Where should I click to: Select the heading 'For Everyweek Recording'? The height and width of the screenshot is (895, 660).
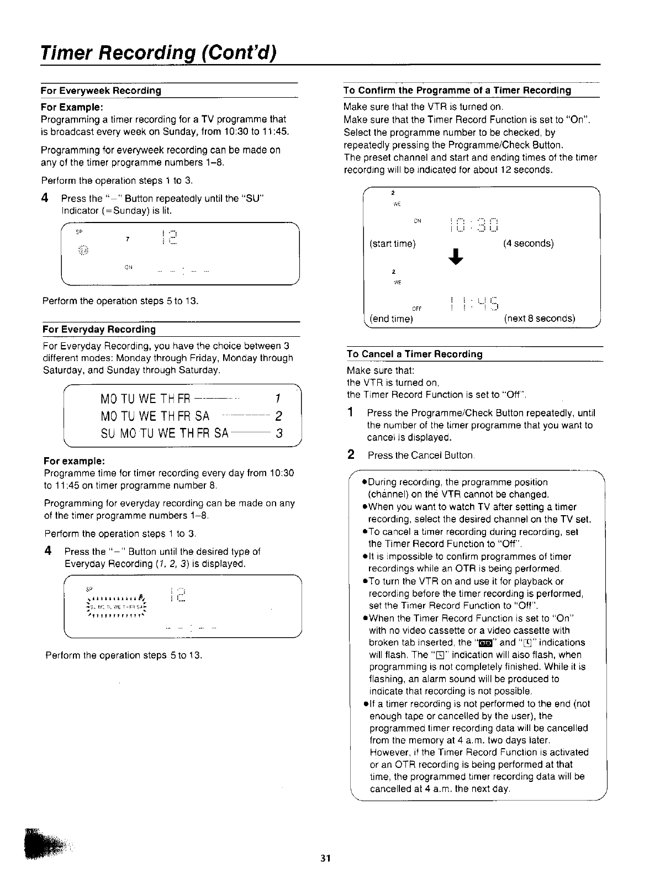(101, 91)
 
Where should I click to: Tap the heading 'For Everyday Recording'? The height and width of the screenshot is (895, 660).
(99, 330)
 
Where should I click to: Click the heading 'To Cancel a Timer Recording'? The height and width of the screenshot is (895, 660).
(414, 354)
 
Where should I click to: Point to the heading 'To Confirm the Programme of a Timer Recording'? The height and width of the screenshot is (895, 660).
(457, 91)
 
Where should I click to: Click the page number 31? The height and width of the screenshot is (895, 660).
(325, 858)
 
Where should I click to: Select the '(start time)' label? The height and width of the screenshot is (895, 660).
(393, 243)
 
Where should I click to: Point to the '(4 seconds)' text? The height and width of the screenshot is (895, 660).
(528, 243)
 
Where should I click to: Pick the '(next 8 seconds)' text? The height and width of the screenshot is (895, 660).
(539, 319)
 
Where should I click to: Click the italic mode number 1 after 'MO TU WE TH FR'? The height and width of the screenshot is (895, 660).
(278, 399)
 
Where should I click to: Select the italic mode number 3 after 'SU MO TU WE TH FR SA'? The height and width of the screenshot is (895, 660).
(279, 433)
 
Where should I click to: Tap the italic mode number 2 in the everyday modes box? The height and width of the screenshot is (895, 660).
(279, 416)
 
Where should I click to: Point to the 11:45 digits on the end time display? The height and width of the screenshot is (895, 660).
(474, 303)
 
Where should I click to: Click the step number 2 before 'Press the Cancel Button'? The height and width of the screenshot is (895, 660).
(351, 455)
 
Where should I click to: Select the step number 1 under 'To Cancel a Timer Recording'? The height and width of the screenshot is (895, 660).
(351, 413)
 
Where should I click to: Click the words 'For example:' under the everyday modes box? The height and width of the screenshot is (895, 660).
(75, 461)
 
